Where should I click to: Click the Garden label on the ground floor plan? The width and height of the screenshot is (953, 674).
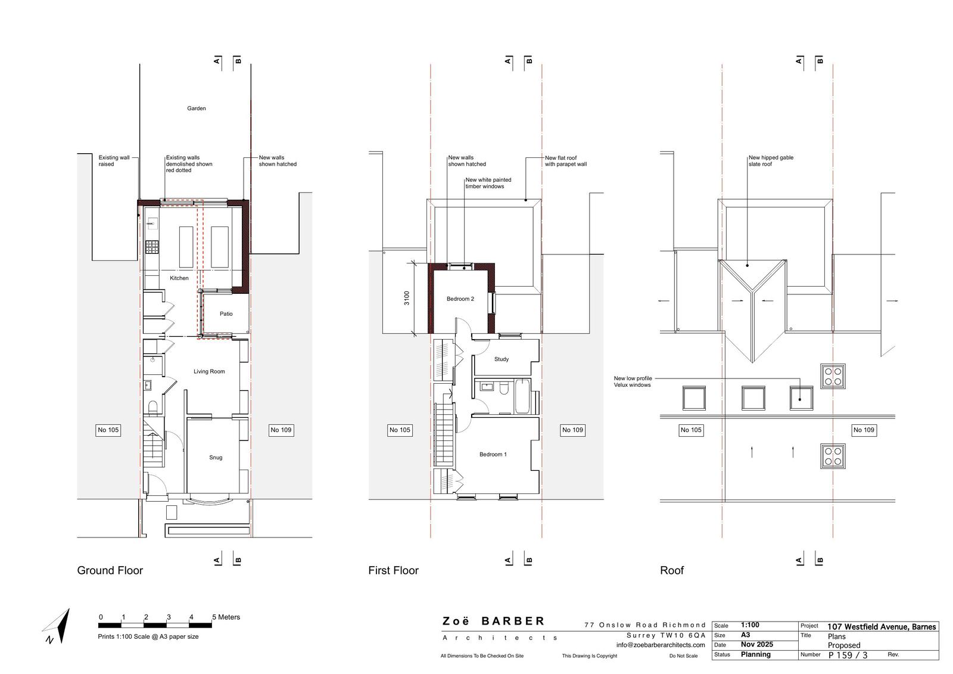tap(196, 108)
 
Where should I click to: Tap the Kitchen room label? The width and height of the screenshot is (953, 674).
tap(179, 278)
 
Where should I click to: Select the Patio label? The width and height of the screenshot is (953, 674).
tap(226, 314)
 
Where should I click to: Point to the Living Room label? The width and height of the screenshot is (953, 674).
tap(209, 371)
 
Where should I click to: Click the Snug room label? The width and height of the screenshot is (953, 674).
tap(216, 457)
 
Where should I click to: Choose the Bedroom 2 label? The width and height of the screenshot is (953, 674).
tap(460, 299)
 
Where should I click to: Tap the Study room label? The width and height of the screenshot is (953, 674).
tap(502, 359)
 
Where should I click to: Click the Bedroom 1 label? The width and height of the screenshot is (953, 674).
tap(493, 454)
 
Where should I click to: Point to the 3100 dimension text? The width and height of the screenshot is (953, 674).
tap(407, 298)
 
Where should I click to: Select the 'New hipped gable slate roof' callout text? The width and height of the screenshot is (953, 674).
tap(771, 160)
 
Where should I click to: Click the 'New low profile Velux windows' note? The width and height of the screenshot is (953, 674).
tap(633, 381)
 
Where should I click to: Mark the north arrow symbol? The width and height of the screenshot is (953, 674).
tap(57, 626)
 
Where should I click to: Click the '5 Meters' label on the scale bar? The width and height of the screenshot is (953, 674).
tap(226, 617)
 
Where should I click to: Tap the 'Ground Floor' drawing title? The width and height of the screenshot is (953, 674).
tap(110, 570)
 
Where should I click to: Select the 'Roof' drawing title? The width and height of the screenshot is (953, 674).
tap(672, 570)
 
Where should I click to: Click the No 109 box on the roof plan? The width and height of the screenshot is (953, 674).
tap(864, 430)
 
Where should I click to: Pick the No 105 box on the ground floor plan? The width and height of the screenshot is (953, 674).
tap(108, 430)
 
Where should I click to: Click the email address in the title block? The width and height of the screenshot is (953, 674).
tap(661, 645)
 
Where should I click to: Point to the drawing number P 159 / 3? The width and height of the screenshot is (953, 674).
tap(848, 656)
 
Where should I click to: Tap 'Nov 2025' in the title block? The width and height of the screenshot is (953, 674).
tap(757, 645)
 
